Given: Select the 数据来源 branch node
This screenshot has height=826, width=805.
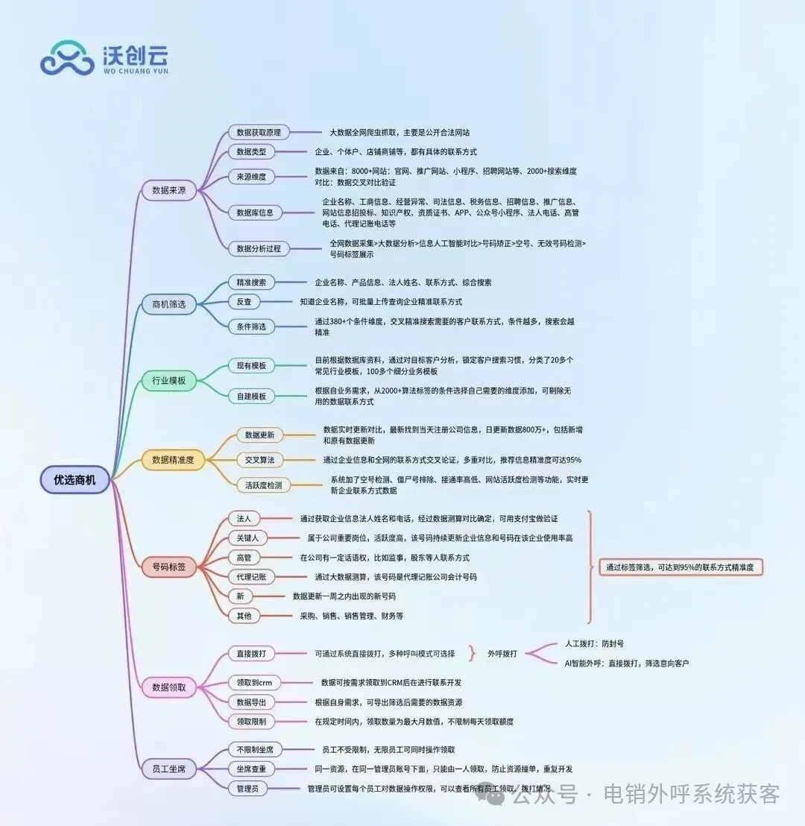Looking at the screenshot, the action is [x=168, y=190].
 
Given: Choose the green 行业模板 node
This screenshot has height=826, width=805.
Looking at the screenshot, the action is [x=168, y=381].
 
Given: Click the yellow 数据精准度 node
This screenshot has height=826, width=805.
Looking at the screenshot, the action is [x=173, y=460].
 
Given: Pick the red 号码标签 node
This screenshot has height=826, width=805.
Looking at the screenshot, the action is [x=168, y=567].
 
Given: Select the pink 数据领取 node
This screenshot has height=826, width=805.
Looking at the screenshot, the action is [x=168, y=687].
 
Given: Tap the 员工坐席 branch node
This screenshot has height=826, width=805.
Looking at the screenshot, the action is [x=168, y=768].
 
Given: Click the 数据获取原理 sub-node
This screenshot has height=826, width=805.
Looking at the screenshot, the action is [x=259, y=132].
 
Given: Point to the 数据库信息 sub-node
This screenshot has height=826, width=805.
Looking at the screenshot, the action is [x=255, y=212].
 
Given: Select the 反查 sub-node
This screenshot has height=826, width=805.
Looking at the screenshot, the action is [x=244, y=301].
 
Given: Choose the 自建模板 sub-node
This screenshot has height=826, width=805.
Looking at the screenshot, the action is [x=251, y=396].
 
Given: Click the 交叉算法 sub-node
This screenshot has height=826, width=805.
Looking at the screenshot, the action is [x=259, y=460].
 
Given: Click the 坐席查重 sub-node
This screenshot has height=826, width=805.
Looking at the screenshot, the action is [x=251, y=769].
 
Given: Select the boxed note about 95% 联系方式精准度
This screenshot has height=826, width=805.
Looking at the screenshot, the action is [x=681, y=567].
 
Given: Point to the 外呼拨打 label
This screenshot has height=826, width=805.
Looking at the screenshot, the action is [x=503, y=653].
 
